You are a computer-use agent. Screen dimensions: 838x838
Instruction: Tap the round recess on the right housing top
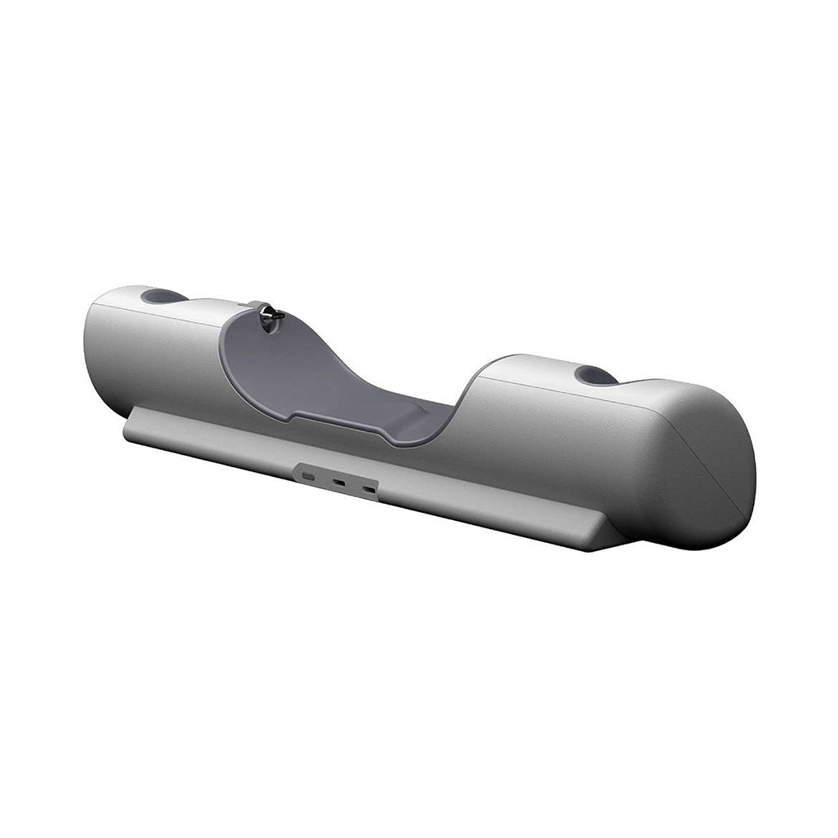click(x=595, y=376)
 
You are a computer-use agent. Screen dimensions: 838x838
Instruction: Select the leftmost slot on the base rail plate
click(x=309, y=474)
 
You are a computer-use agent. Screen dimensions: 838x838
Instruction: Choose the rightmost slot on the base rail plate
click(x=369, y=489)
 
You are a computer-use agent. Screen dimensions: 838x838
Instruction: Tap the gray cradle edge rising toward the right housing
click(x=467, y=399)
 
